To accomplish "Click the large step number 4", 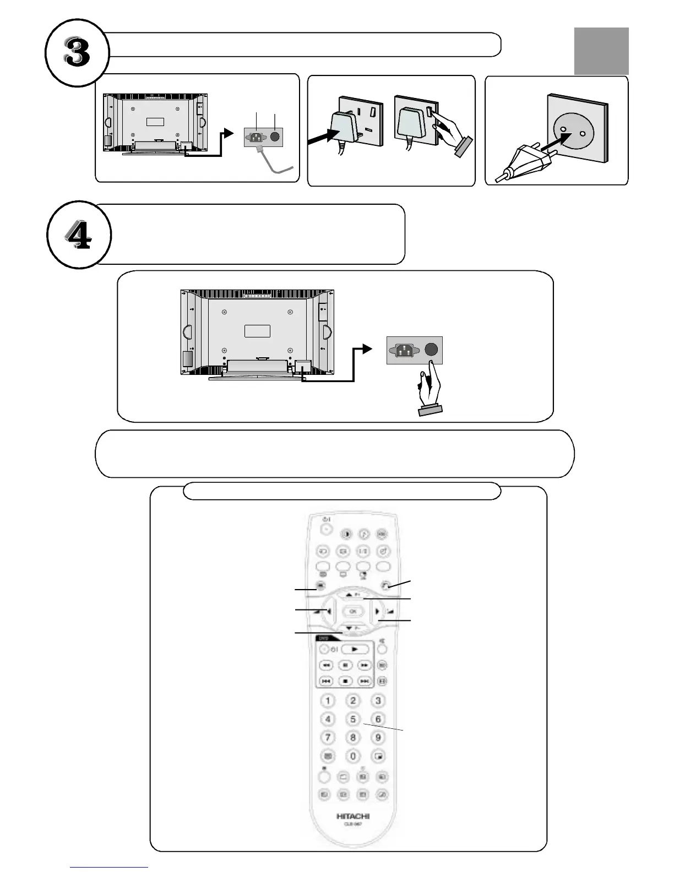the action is coord(79,236).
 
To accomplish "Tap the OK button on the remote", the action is coord(353,611).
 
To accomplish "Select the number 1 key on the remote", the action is coord(328,701).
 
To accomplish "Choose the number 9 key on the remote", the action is coord(378,737).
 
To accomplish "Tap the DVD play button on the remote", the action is coord(355,650).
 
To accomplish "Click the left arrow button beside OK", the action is coord(329,611).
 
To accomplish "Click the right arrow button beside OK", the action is coord(378,611).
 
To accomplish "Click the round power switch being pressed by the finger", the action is coord(432,350).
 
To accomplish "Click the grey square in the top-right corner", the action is coord(601,51).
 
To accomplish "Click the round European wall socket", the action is coord(573,132).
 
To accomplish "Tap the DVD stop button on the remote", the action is coord(345,681).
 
